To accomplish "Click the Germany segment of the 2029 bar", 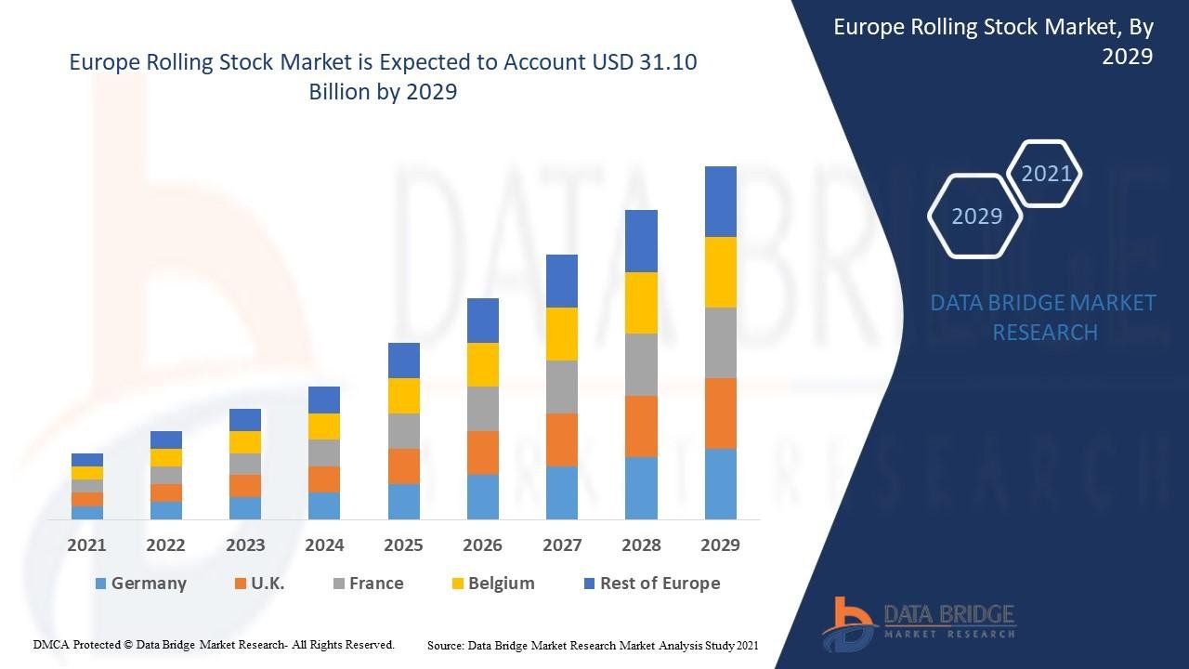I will [720, 483].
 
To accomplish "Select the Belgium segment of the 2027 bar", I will [561, 334].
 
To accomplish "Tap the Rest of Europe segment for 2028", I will [641, 241].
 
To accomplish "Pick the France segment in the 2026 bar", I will [482, 408].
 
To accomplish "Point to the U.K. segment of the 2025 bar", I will [403, 466].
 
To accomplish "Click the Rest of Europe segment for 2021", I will [87, 459].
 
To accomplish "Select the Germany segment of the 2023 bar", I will [245, 507].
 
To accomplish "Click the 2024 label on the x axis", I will [324, 544].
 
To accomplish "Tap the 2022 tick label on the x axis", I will [165, 544].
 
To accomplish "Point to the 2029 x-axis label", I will [720, 544].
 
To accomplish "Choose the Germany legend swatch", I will [101, 584].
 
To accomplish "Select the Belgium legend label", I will [501, 584].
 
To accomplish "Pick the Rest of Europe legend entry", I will [660, 584].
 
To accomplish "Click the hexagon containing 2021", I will [1046, 173].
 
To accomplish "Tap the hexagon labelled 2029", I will [976, 216].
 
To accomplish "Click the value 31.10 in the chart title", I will [668, 63].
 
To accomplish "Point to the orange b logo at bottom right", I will [848, 622].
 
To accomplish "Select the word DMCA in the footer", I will [51, 644].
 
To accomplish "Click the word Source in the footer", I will [445, 645].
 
